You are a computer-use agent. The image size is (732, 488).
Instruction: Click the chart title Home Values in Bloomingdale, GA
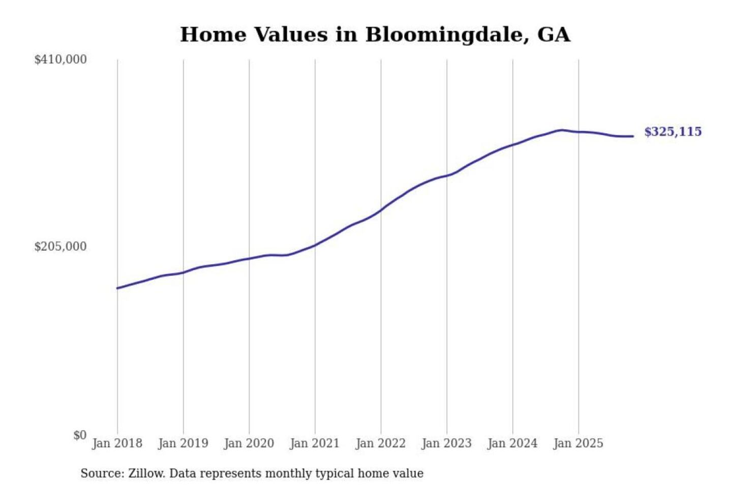point(375,35)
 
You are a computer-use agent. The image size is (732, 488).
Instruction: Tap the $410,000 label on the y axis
point(60,59)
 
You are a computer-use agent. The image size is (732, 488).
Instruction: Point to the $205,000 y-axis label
point(60,247)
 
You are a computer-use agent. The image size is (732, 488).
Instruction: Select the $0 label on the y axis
point(80,435)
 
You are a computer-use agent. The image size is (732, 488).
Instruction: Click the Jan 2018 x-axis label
point(117,443)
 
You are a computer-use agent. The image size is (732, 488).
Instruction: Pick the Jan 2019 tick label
point(183,443)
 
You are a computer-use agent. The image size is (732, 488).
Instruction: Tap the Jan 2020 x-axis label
point(249,443)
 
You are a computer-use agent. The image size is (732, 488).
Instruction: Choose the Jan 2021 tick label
point(315,443)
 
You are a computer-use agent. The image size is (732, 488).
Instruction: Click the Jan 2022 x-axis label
point(381,443)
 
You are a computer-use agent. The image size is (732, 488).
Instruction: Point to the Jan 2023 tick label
point(447,443)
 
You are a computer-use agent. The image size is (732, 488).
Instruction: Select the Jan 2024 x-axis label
point(512,443)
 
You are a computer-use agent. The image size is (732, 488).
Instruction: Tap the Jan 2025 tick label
point(578,443)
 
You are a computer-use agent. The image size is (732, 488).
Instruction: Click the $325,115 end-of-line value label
point(673,132)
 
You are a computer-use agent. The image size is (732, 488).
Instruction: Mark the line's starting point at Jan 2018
point(117,288)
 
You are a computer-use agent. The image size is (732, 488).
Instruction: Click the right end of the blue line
point(633,136)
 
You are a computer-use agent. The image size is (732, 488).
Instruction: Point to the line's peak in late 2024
point(561,130)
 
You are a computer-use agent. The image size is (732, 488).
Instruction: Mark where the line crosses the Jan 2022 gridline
point(381,210)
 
